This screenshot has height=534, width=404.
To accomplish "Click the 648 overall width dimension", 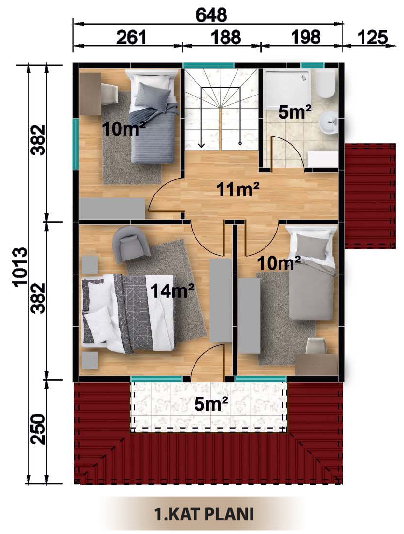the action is (211, 15).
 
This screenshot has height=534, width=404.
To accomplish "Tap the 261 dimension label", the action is (131, 38).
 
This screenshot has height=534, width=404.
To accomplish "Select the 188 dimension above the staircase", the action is (225, 38).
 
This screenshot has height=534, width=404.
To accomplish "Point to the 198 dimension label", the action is (306, 38).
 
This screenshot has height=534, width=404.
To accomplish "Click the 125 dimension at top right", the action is (372, 38).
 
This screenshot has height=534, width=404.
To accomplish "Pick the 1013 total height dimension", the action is (20, 267).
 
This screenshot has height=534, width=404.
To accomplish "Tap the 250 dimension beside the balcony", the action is (38, 429).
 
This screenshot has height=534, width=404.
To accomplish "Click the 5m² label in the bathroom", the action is (295, 112).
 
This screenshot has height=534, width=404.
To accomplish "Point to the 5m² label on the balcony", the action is (211, 404).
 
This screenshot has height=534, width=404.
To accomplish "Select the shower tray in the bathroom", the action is (288, 89).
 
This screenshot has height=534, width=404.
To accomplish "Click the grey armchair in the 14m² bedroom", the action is (131, 245).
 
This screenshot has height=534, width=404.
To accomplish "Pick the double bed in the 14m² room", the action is (128, 314).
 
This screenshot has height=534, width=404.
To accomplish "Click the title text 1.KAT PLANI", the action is (204, 514).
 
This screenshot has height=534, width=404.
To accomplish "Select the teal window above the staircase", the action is (209, 66).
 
